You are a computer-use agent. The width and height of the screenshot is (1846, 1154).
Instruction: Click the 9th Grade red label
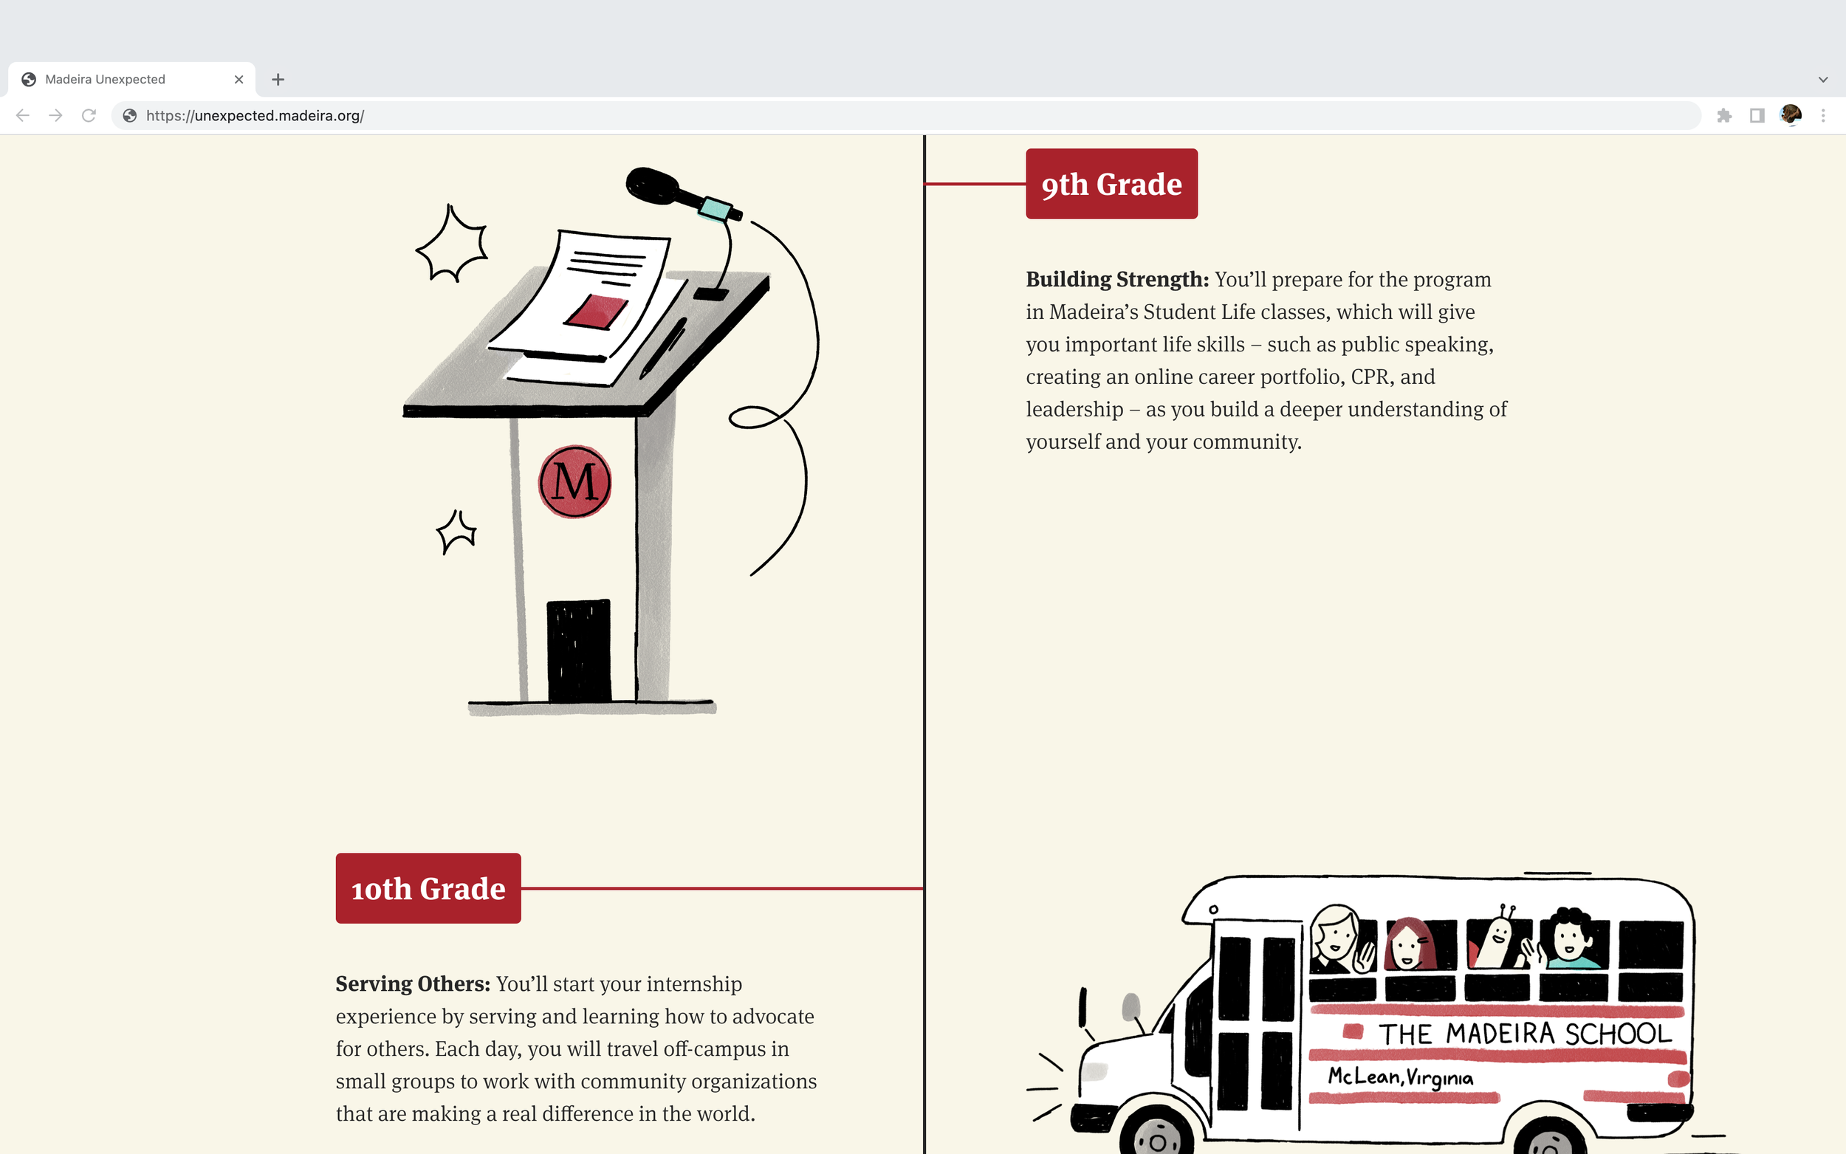tap(1111, 184)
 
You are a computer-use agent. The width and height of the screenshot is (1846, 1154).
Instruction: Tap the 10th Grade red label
tap(428, 888)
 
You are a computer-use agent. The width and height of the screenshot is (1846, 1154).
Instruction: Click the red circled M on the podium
tap(574, 481)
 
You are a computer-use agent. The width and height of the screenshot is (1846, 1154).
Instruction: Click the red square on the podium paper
tap(596, 312)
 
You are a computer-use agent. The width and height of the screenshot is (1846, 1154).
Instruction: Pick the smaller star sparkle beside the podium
tap(457, 531)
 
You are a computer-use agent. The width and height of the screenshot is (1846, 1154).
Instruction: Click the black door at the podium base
tap(578, 650)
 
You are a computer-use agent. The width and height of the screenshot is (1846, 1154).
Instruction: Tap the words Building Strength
tap(1116, 279)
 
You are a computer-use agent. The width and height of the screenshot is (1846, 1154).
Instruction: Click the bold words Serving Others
tap(413, 983)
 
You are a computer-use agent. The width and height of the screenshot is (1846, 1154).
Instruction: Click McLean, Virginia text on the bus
tap(1400, 1077)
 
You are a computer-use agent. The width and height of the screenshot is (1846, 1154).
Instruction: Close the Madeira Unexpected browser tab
tap(239, 80)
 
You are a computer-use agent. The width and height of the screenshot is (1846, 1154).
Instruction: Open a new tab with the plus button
tap(278, 80)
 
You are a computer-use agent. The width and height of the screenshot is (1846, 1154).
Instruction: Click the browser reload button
tap(89, 115)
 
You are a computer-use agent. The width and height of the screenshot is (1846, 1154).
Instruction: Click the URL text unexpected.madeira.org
tap(255, 116)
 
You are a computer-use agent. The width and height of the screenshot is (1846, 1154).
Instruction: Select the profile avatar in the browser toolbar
tap(1791, 115)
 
